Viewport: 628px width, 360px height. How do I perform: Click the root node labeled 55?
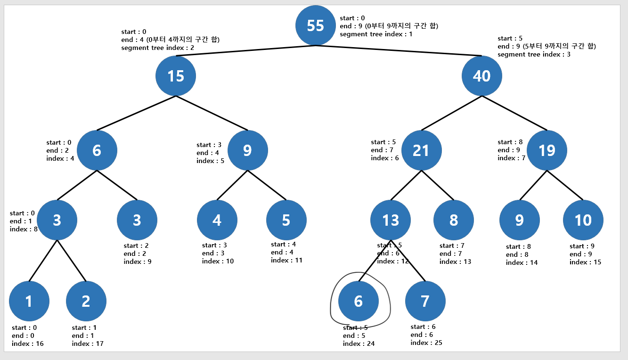tap(315, 25)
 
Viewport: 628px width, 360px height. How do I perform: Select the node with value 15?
tap(176, 76)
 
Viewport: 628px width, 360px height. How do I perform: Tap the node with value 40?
tap(481, 76)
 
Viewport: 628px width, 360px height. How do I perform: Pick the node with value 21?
tap(421, 150)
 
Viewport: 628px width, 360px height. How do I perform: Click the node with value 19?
tap(546, 150)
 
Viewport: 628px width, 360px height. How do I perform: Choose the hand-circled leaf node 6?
tap(359, 301)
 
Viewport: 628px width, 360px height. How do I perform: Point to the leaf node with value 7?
tap(425, 301)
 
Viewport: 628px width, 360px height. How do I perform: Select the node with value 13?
tap(391, 220)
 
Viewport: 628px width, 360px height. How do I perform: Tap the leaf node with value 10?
tap(583, 220)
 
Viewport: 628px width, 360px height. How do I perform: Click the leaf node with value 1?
tap(29, 301)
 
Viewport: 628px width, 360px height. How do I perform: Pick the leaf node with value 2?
tap(86, 301)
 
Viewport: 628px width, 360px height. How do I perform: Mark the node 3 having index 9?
tap(137, 220)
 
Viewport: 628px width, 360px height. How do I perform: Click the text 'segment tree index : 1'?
tap(376, 34)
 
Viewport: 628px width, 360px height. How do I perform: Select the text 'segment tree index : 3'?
tap(534, 54)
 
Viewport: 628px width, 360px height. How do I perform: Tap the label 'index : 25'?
tap(426, 343)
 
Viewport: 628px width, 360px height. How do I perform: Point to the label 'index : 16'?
tap(27, 344)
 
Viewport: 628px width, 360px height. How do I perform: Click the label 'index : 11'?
tap(286, 260)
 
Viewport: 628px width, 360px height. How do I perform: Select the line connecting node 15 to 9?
tap(212, 113)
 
